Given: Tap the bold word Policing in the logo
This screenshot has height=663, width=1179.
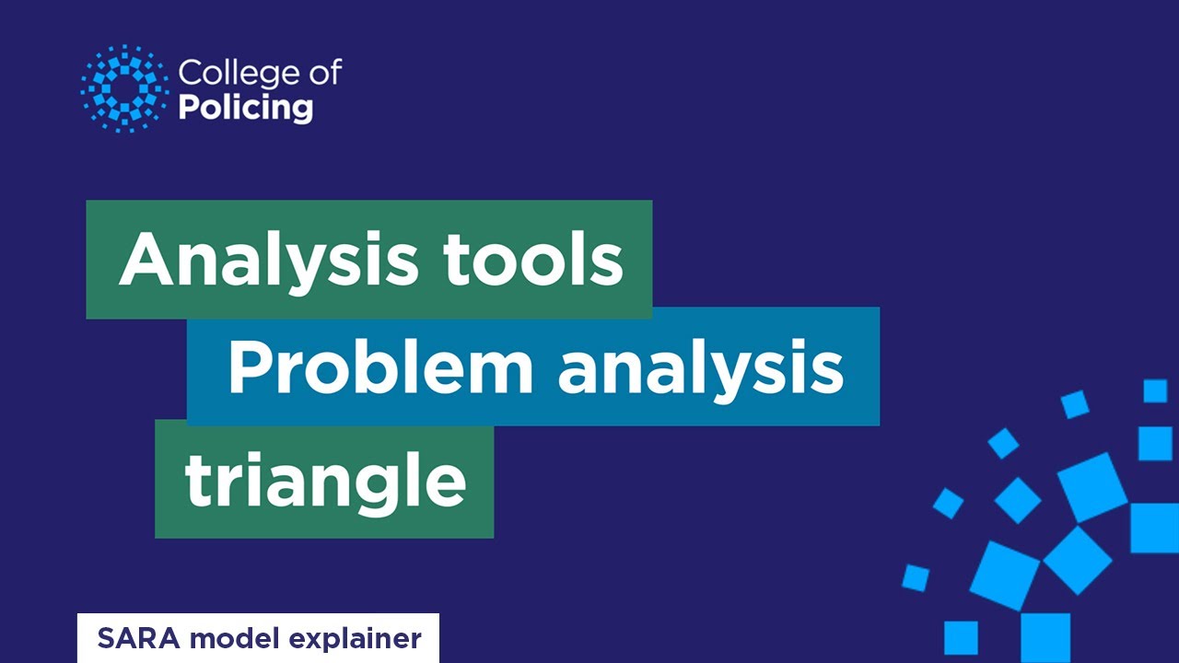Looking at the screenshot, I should click(x=245, y=107).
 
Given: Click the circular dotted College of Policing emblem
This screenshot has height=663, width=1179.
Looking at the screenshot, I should click(x=125, y=88).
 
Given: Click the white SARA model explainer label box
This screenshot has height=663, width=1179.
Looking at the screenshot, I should click(x=258, y=638).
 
